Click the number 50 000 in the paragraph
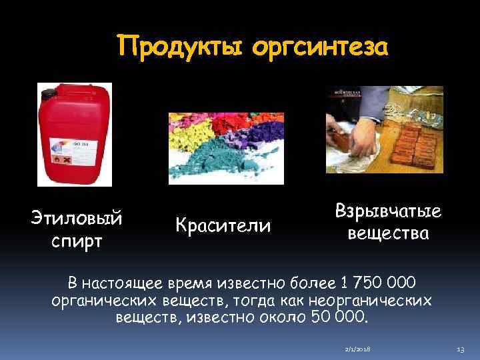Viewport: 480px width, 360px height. pos(338,315)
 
